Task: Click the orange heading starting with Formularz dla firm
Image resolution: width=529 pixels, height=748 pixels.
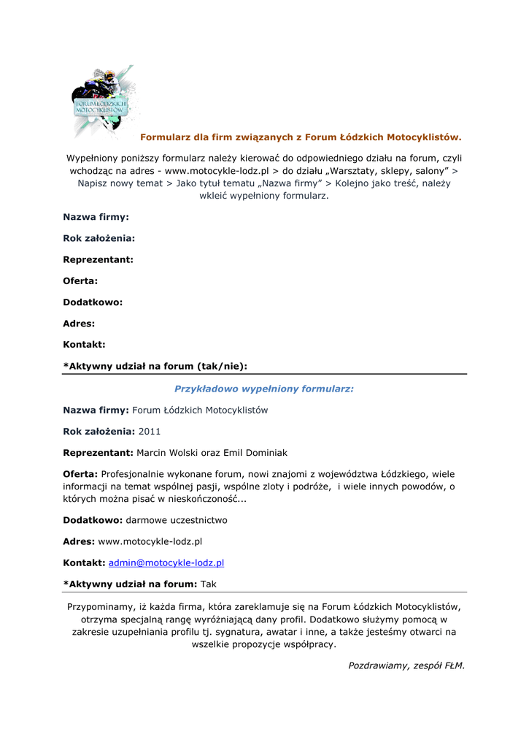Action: [x=301, y=137]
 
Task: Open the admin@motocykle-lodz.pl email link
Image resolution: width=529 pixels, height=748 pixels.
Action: [x=166, y=562]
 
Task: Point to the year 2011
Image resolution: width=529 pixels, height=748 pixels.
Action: [x=149, y=432]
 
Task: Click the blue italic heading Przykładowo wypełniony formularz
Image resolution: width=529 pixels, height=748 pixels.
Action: [x=263, y=389]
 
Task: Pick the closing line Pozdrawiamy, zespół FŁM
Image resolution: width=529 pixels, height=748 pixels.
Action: [x=406, y=665]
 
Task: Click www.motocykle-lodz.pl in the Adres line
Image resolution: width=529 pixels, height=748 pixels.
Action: [x=150, y=541]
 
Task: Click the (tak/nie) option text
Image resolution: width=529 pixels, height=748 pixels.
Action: [x=222, y=365]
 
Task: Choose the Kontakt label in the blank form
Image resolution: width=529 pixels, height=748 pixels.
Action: [x=84, y=344]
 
